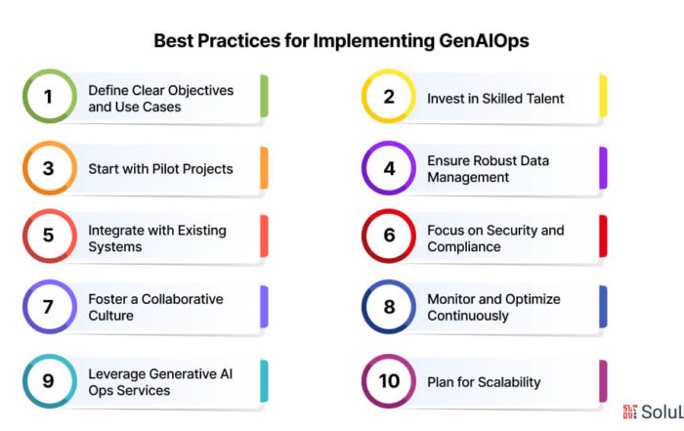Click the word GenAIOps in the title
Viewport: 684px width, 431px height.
(484, 41)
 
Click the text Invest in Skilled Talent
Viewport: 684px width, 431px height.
(495, 99)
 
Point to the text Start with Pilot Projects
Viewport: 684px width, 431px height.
(160, 169)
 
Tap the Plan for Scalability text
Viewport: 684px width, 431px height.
(484, 382)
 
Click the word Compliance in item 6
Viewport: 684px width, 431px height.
(464, 247)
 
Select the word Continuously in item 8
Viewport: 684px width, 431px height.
(468, 316)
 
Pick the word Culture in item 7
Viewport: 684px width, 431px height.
(110, 316)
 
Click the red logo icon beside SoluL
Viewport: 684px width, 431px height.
(630, 411)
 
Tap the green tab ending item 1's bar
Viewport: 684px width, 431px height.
(264, 96)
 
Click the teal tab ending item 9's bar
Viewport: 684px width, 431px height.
(264, 381)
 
